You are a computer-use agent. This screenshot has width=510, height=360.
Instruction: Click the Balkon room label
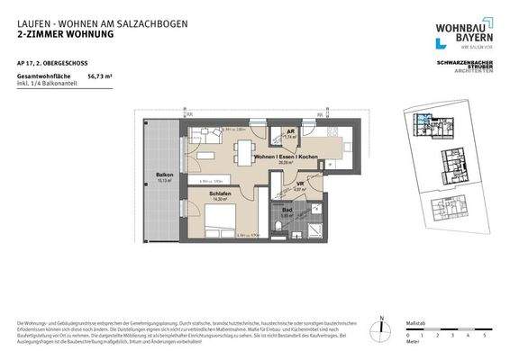click(x=164, y=175)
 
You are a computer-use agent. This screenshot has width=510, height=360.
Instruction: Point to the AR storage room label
click(x=290, y=132)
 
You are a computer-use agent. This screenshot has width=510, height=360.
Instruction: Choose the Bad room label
click(x=287, y=212)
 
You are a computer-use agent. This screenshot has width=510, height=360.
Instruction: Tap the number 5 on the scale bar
click(x=484, y=335)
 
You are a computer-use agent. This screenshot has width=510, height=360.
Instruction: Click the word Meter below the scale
click(x=414, y=343)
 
